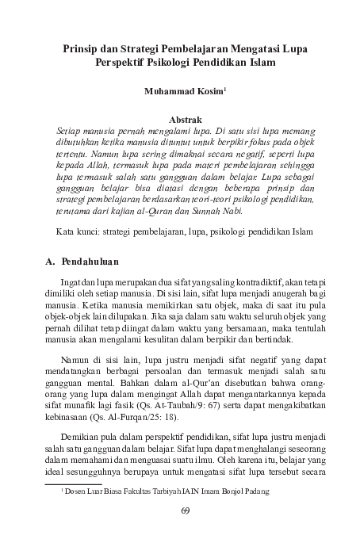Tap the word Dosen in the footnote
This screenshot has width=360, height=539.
80,491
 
